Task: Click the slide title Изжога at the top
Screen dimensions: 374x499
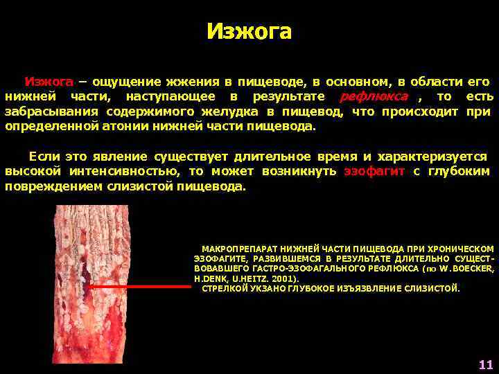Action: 249,32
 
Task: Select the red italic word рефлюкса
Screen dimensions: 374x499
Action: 374,96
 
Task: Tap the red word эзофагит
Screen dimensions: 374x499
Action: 374,171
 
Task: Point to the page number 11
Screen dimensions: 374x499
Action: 485,364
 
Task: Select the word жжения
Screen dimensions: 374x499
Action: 191,81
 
